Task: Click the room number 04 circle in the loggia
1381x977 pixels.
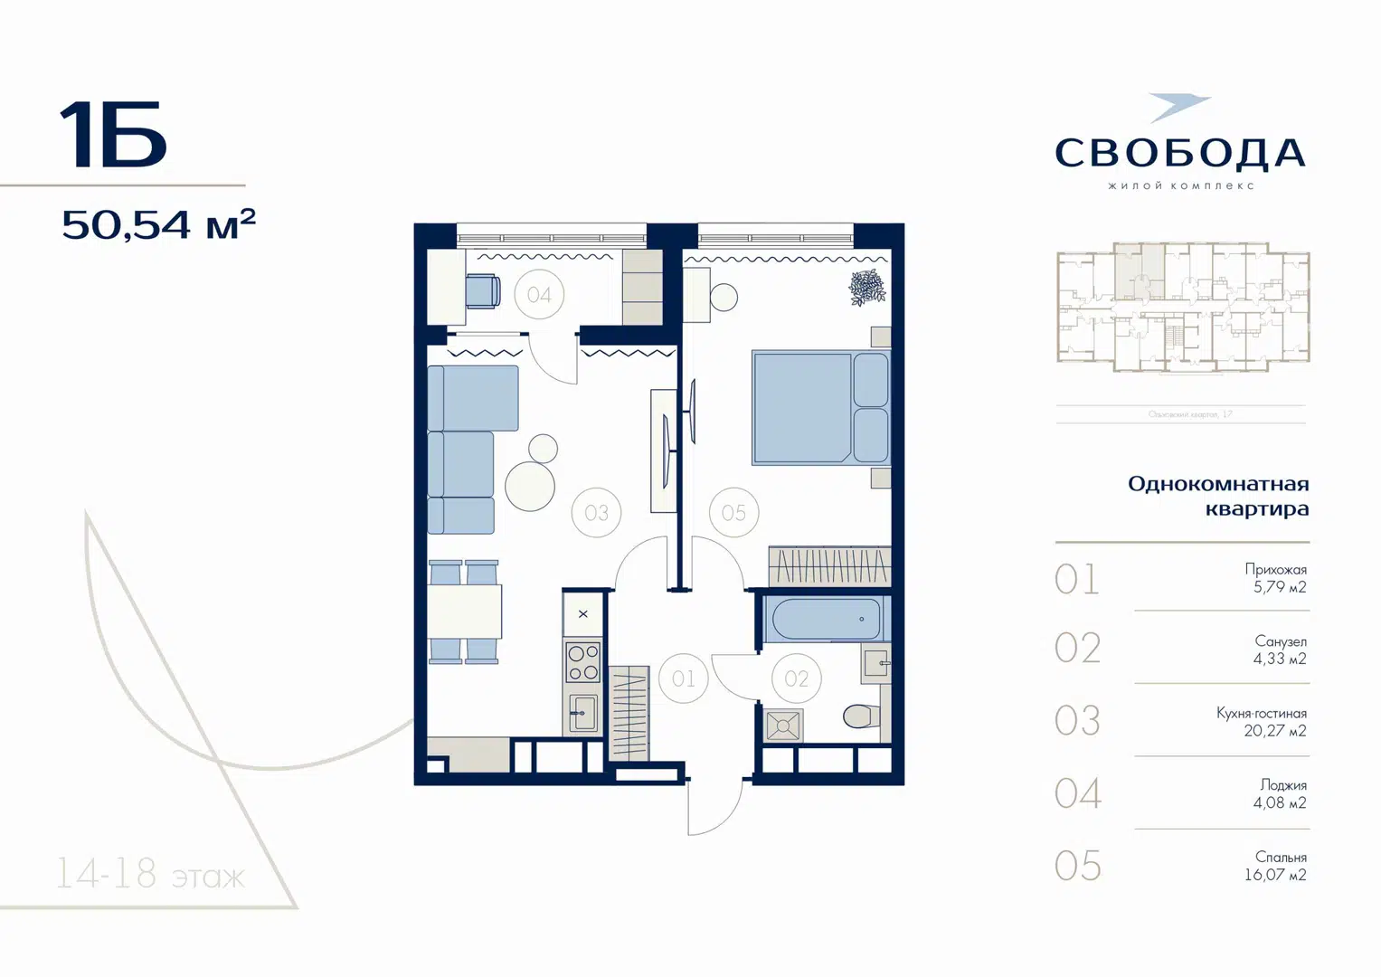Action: tap(539, 294)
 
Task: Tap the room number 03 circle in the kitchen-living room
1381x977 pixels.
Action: tap(596, 513)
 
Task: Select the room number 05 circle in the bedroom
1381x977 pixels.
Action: tap(733, 513)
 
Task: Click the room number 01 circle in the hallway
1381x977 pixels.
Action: tap(683, 678)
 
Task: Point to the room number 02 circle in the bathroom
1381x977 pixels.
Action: tap(796, 678)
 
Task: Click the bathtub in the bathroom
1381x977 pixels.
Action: tap(825, 619)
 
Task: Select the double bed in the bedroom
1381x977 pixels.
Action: tap(818, 407)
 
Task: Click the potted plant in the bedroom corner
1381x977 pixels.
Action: tap(866, 288)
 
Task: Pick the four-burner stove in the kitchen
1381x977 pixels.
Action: tap(582, 662)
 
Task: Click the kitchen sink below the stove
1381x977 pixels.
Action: tap(582, 713)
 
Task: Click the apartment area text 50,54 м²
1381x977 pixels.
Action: tap(158, 224)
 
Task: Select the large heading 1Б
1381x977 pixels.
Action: tap(113, 136)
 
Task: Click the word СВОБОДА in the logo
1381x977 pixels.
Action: tap(1180, 153)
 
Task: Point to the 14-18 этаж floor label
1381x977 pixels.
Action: tap(150, 875)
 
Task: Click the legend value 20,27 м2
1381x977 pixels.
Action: tap(1274, 731)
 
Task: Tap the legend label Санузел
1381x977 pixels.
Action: tap(1280, 641)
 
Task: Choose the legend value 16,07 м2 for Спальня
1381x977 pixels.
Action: tap(1274, 875)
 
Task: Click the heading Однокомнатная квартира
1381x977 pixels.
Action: tap(1218, 496)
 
